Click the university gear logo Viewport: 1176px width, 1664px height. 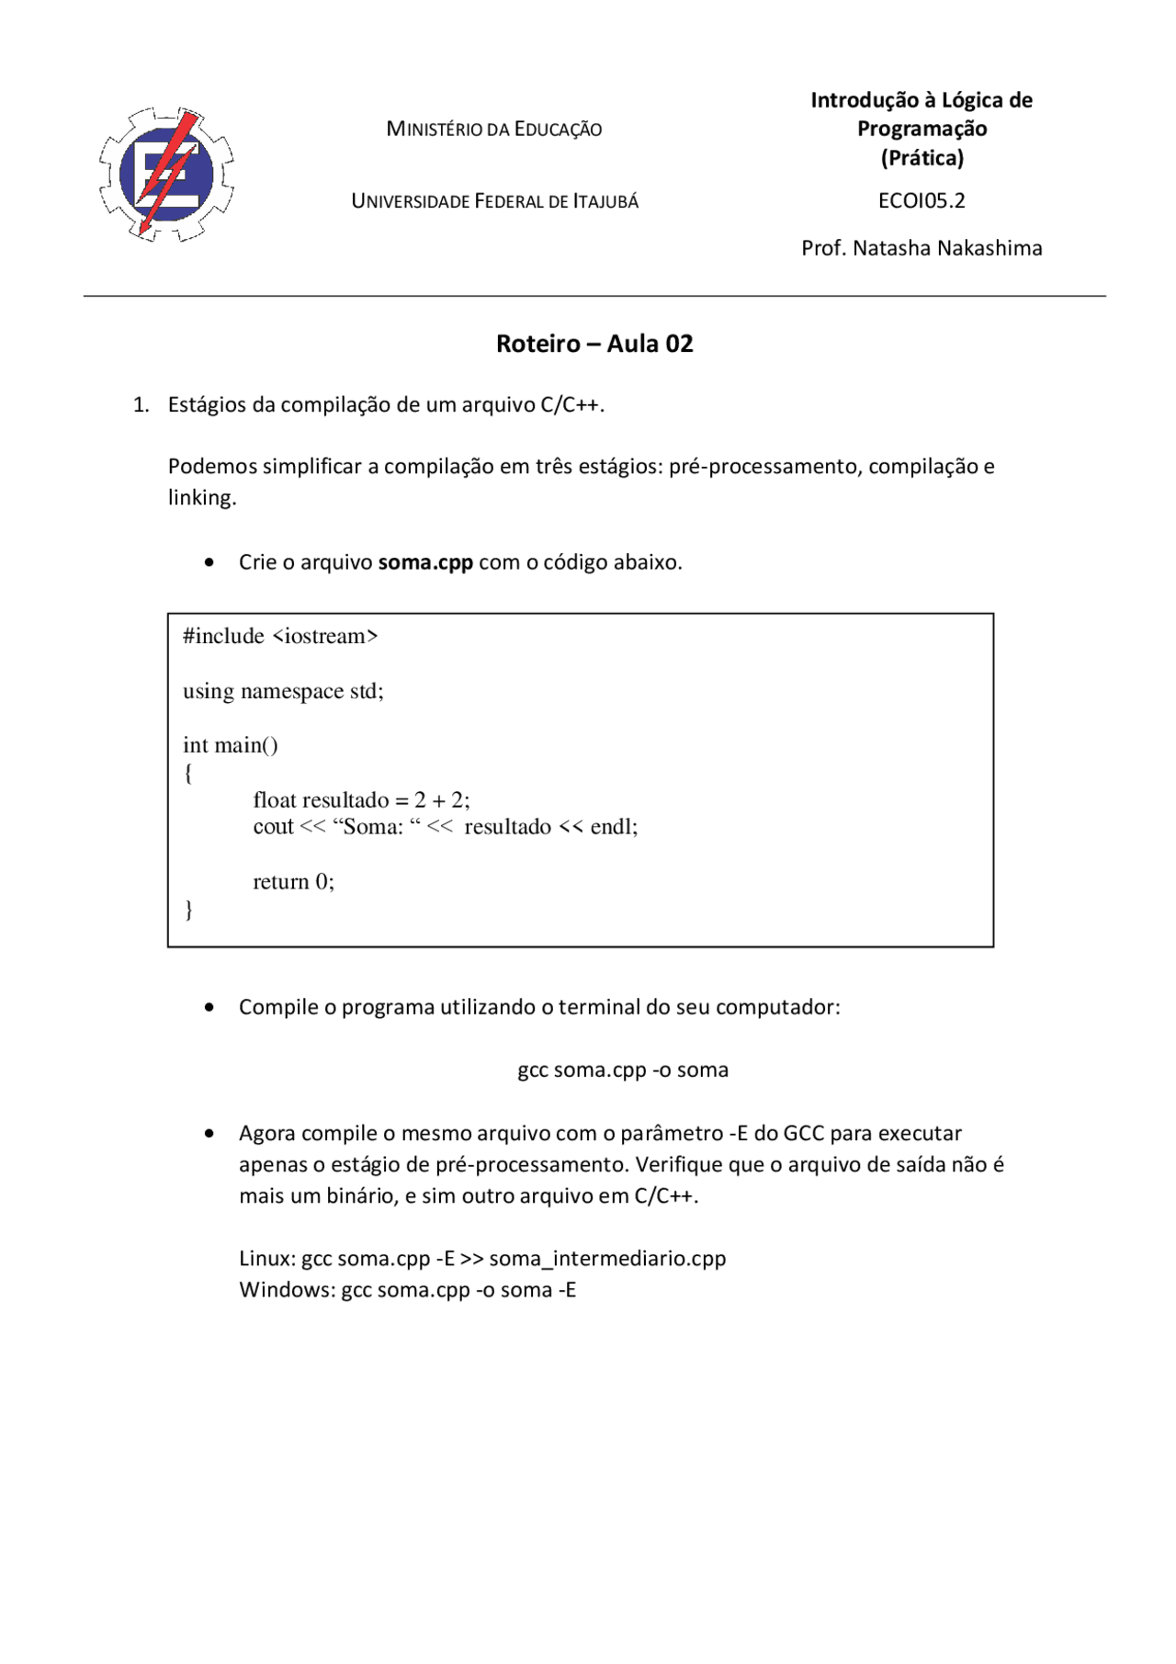tap(166, 175)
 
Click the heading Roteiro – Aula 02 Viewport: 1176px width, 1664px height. tap(594, 344)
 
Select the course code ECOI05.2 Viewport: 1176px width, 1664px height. tap(921, 200)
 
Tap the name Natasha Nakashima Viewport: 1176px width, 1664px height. tap(947, 248)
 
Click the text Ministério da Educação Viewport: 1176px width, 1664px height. tap(493, 129)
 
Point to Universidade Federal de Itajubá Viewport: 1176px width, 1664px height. tap(494, 201)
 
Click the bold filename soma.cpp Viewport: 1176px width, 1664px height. tap(425, 562)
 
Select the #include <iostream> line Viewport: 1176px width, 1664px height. tap(280, 636)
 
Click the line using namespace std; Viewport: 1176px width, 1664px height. tap(283, 691)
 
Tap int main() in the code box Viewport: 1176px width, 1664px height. tap(231, 745)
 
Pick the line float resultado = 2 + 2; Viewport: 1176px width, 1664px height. tap(361, 799)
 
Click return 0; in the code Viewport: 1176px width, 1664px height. tap(293, 882)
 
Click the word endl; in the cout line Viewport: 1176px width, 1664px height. tap(614, 827)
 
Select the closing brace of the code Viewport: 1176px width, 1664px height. tap(189, 910)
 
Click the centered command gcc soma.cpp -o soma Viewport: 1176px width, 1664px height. tap(623, 1070)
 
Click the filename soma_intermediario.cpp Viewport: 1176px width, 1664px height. tap(607, 1258)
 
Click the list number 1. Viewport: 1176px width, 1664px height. tap(141, 405)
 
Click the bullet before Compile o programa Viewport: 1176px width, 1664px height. tap(209, 1008)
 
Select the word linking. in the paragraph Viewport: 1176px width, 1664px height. tap(202, 498)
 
